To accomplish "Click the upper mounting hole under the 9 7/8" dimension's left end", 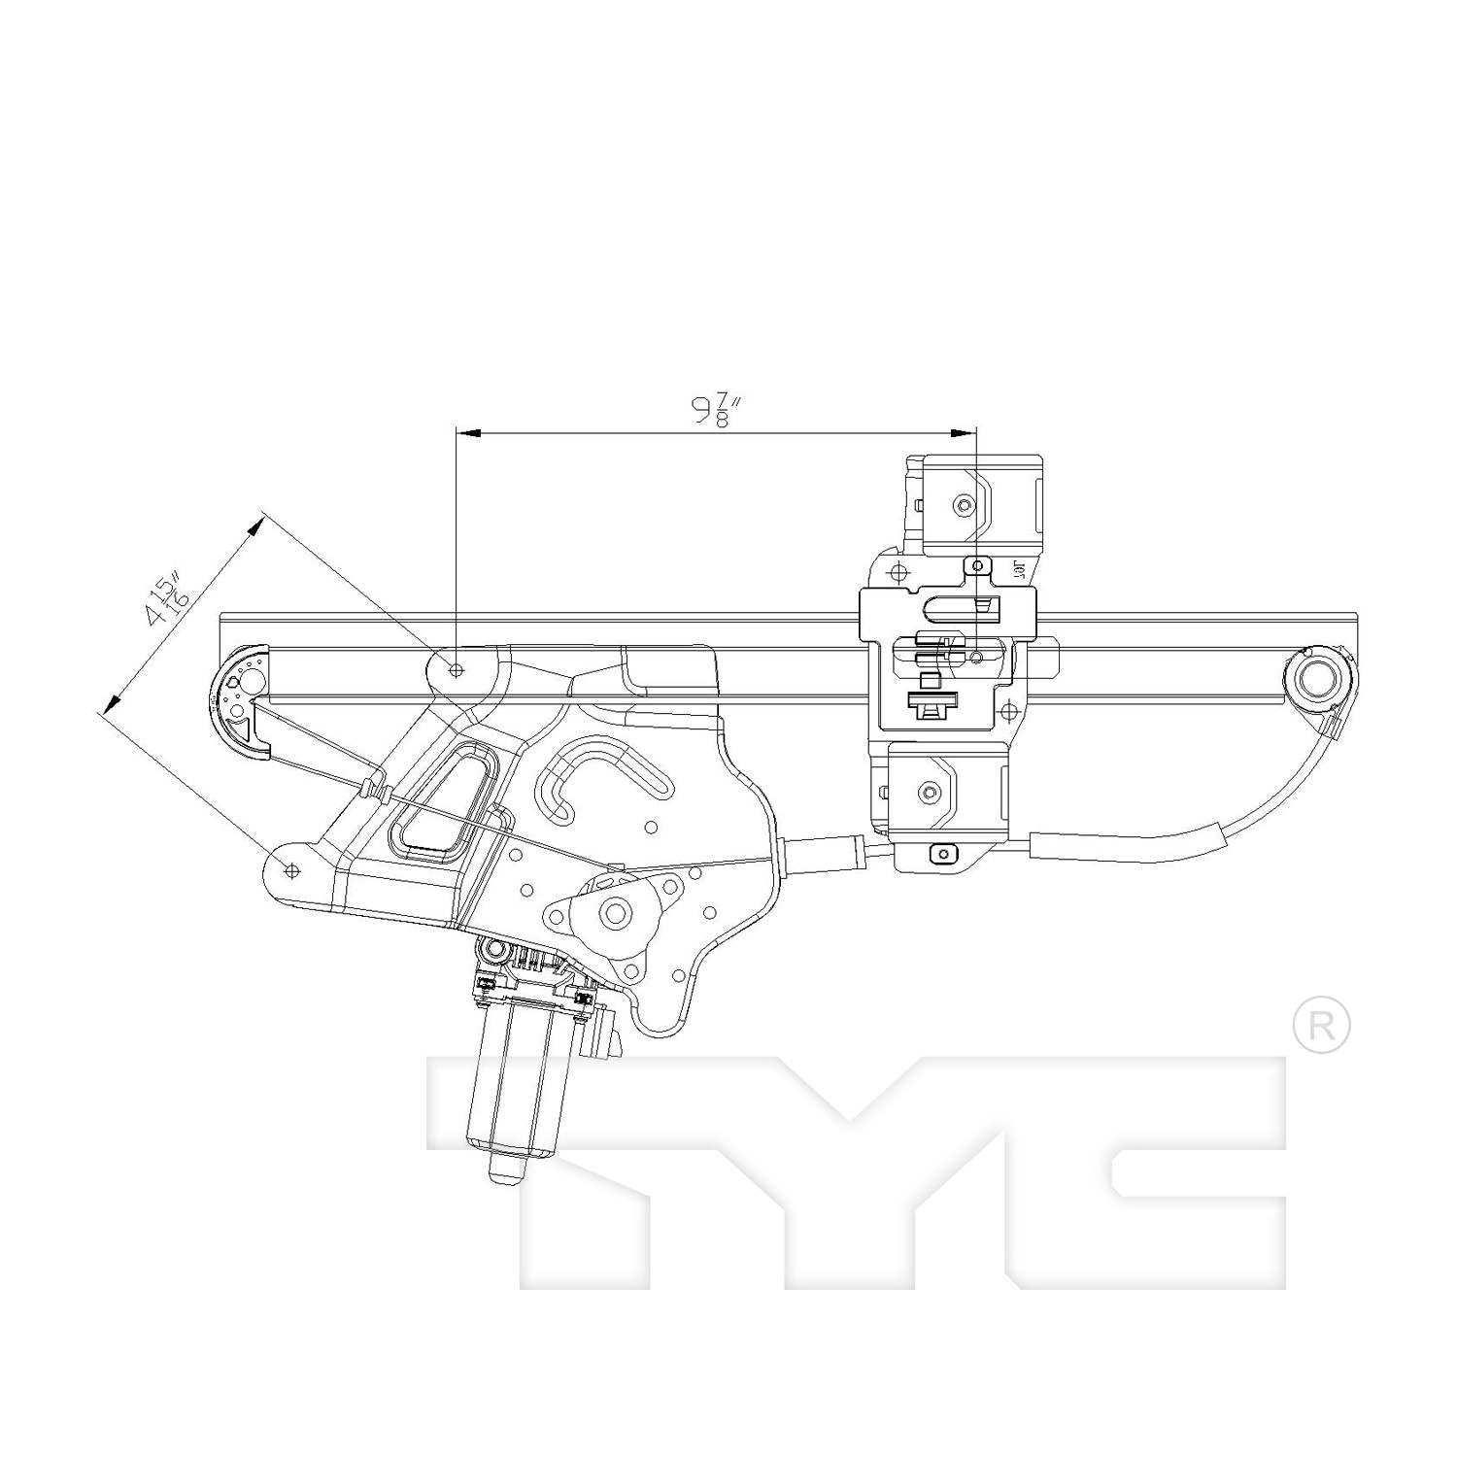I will pos(457,669).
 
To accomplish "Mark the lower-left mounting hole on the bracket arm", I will pos(289,869).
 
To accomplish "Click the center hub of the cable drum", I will pos(616,912).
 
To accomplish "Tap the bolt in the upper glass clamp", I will pos(963,504).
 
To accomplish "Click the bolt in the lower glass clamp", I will pos(929,792).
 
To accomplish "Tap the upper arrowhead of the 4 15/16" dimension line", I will pos(257,524).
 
